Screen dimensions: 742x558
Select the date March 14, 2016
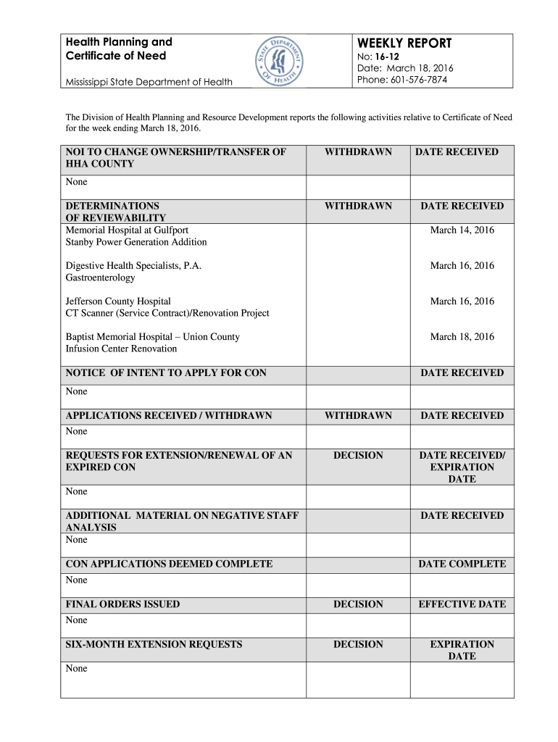point(462,230)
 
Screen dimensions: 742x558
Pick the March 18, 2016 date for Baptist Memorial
point(462,337)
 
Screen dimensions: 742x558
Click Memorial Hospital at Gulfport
point(127,230)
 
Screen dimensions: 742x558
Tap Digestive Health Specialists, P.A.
point(133,266)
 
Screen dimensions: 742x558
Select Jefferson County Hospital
point(118,301)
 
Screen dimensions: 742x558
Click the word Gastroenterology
point(100,278)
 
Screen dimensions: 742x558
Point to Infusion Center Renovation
point(121,349)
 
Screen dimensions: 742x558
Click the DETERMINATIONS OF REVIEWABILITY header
point(116,212)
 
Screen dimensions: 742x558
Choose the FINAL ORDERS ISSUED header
point(122,604)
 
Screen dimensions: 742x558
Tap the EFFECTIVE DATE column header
point(462,604)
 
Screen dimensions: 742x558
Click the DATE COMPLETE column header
point(462,564)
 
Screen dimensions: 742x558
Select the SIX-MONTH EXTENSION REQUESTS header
point(154,644)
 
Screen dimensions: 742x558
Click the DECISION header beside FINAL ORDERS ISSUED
point(358,604)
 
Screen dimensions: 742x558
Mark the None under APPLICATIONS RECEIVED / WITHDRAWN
point(76,431)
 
